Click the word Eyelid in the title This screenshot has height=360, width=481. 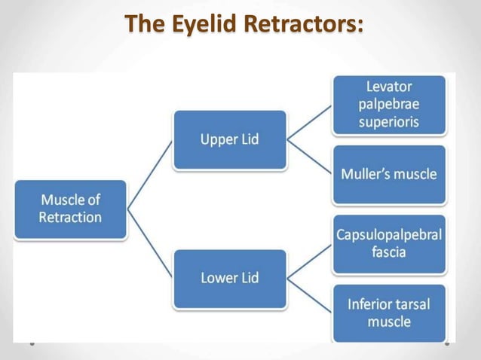click(x=203, y=26)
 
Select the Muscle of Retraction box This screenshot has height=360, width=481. click(x=71, y=209)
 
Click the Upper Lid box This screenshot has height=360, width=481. click(x=229, y=140)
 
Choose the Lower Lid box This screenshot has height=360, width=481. click(x=229, y=278)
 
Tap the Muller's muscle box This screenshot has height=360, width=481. click(x=389, y=174)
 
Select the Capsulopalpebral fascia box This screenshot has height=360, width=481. click(x=389, y=243)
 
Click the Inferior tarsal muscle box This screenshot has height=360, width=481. click(x=389, y=313)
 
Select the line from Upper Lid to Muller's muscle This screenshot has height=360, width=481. click(x=309, y=157)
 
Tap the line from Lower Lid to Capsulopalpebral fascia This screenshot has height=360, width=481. click(x=309, y=261)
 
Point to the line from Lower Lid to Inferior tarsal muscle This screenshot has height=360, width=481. click(x=309, y=295)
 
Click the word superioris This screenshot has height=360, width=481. click(x=389, y=121)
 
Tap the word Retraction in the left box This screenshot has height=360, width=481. click(x=71, y=218)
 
